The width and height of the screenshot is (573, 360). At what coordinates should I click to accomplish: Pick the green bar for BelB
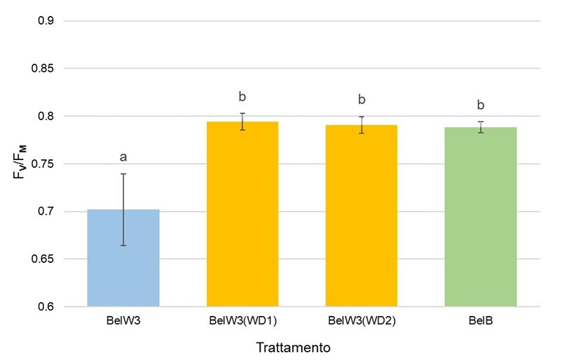[480, 217]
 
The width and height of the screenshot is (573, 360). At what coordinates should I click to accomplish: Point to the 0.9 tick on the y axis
[47, 21]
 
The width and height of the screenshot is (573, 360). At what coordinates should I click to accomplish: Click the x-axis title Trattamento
[293, 347]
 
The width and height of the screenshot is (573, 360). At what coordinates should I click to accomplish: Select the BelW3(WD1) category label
[242, 322]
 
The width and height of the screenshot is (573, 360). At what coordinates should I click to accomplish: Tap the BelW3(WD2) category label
[361, 322]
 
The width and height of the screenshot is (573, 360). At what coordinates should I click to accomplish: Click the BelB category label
[480, 322]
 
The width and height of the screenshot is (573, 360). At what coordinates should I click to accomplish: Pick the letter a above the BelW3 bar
[124, 157]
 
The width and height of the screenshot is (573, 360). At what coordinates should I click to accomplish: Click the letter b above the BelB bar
[481, 105]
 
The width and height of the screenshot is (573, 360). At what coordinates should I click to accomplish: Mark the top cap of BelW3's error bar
[124, 174]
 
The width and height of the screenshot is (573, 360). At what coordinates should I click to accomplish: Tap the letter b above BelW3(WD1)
[242, 96]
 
